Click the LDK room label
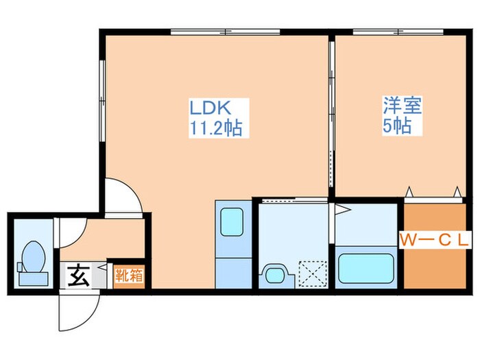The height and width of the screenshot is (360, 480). click(213, 108)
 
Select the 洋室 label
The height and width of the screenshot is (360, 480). click(402, 106)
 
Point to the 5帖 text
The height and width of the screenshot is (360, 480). click(397, 126)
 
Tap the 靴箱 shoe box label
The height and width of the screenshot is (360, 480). click(128, 276)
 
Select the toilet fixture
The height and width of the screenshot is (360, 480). click(32, 262)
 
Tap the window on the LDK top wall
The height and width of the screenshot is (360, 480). click(226, 32)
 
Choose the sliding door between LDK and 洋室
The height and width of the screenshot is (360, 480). click(331, 117)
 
